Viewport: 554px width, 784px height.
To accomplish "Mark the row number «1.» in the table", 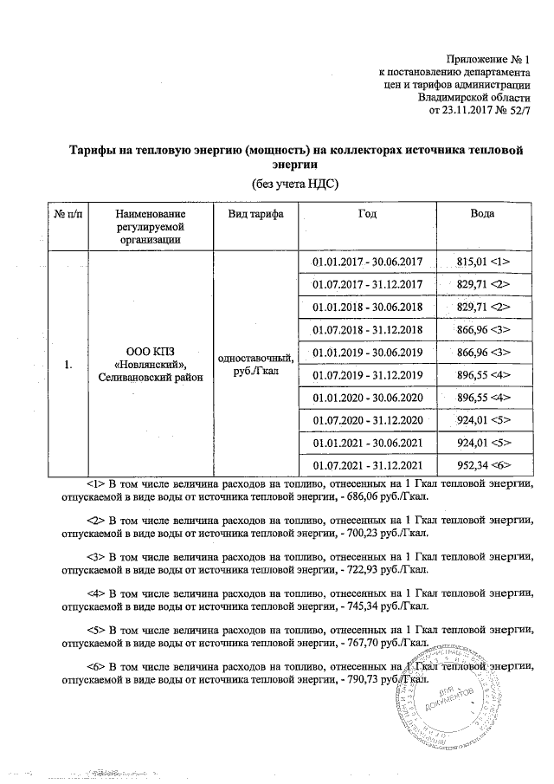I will (68, 365).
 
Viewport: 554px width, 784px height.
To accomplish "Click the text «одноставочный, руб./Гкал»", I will (256, 365).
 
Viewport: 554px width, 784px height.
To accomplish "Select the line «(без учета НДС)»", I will (294, 184).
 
